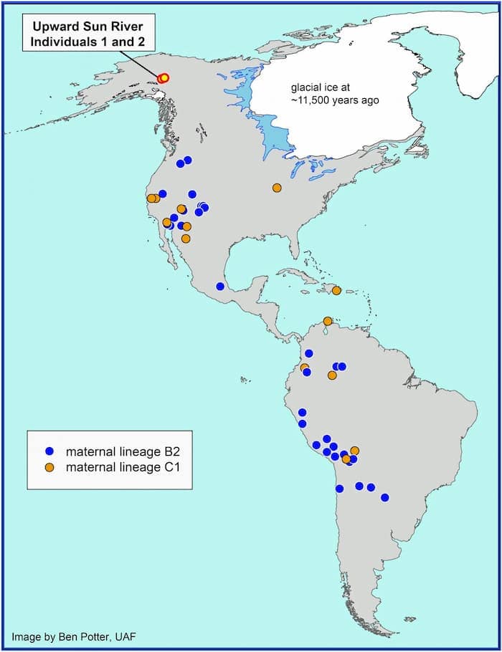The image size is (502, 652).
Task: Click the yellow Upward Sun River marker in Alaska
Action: click(163, 77)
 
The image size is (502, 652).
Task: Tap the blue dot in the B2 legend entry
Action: click(49, 452)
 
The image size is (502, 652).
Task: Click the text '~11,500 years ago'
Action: click(334, 100)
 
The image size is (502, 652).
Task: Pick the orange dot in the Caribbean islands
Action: click(336, 290)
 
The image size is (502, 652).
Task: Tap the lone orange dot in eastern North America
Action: click(277, 188)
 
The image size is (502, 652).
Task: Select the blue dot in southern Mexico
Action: click(220, 287)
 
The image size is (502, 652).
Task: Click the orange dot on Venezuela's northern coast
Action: click(328, 321)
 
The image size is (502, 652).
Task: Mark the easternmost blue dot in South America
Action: click(385, 497)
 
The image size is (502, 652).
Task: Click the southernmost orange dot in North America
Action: click(186, 239)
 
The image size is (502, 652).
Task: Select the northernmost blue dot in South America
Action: click(309, 353)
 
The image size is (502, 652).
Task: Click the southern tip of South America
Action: click(387, 633)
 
